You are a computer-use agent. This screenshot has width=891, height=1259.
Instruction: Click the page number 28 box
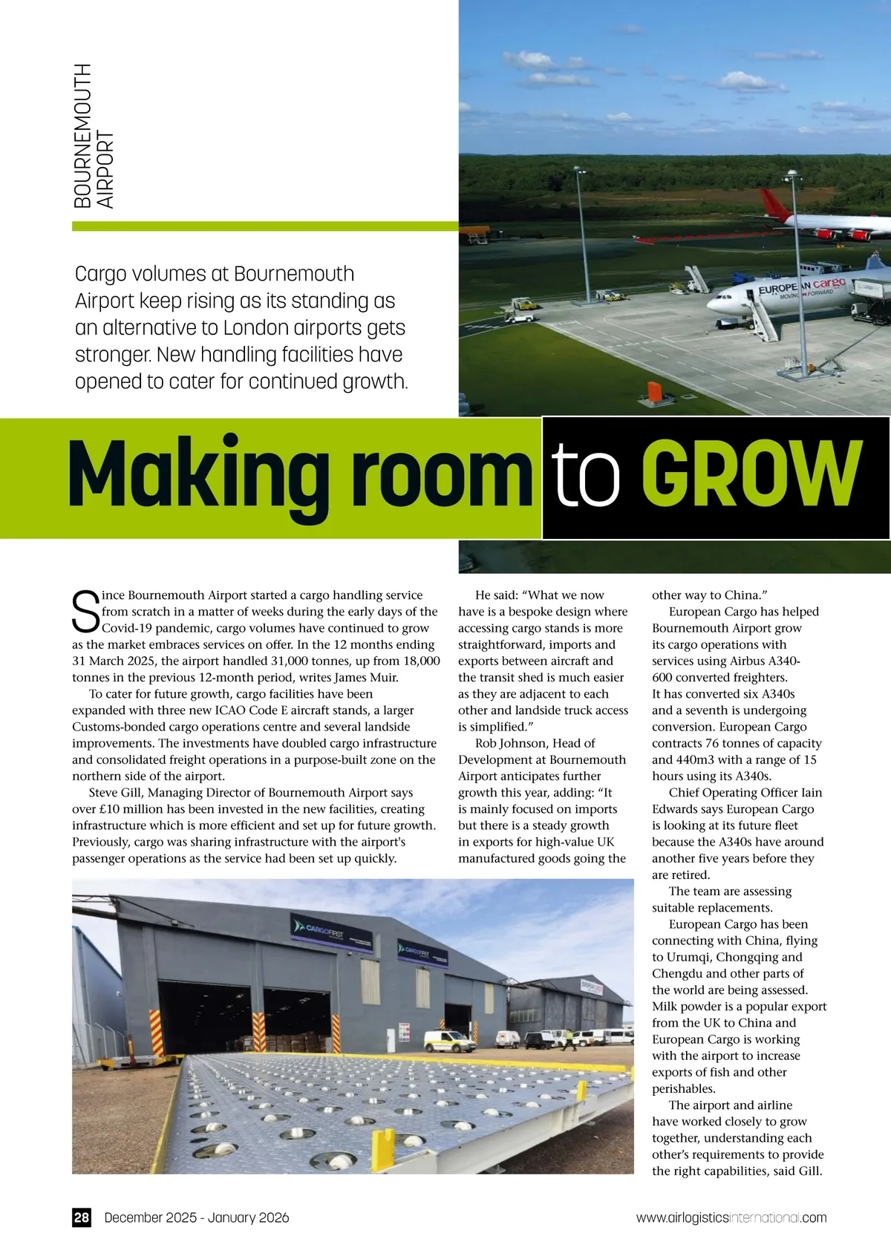click(82, 1217)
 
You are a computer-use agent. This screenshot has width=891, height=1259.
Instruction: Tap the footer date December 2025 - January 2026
click(197, 1217)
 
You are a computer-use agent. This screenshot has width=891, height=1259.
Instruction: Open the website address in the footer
click(731, 1217)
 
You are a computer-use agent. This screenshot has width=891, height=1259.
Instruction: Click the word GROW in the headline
click(751, 474)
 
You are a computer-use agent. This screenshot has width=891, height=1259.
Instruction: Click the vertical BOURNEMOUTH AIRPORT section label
click(94, 136)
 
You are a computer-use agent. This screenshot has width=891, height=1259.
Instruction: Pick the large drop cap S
click(86, 612)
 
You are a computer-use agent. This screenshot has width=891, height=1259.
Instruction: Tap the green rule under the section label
click(265, 226)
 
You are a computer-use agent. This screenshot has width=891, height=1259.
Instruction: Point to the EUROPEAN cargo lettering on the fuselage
click(802, 286)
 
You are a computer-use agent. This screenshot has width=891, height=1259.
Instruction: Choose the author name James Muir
click(366, 677)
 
